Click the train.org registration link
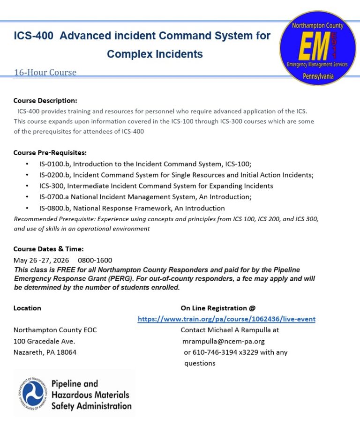click(226, 319)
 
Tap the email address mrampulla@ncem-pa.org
click(224, 341)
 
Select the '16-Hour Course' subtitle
click(45, 73)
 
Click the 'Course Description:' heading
click(45, 101)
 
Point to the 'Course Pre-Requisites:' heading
click(50, 153)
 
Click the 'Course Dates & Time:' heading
click(48, 249)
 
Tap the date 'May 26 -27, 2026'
click(41, 260)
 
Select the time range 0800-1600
click(95, 260)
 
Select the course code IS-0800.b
click(54, 208)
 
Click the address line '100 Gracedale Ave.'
click(44, 341)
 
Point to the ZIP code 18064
click(66, 352)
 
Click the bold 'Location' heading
click(27, 308)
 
